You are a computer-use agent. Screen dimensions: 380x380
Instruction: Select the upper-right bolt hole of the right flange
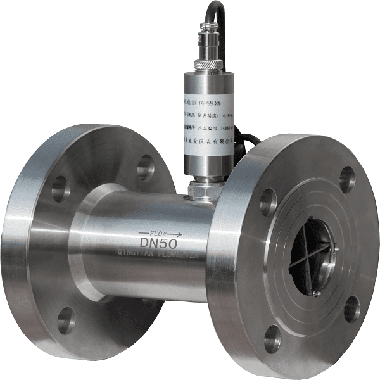point(347,179)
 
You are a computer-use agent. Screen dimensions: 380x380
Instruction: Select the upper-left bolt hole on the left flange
point(61,189)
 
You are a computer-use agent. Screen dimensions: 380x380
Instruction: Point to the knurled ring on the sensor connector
point(209,63)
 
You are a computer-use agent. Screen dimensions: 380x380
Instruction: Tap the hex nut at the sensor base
point(204,187)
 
